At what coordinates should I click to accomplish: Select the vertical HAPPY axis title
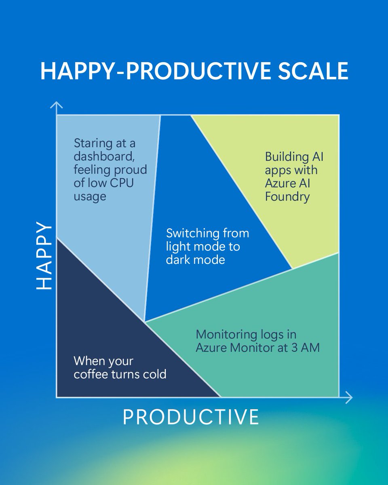click(x=44, y=255)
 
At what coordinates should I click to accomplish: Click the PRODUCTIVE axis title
click(x=191, y=417)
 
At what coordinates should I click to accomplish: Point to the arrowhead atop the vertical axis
click(x=57, y=105)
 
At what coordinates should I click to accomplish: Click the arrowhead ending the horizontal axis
click(x=348, y=397)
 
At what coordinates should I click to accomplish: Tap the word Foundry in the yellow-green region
click(x=287, y=197)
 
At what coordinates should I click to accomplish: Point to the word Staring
click(x=91, y=143)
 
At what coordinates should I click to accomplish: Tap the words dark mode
click(x=195, y=259)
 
